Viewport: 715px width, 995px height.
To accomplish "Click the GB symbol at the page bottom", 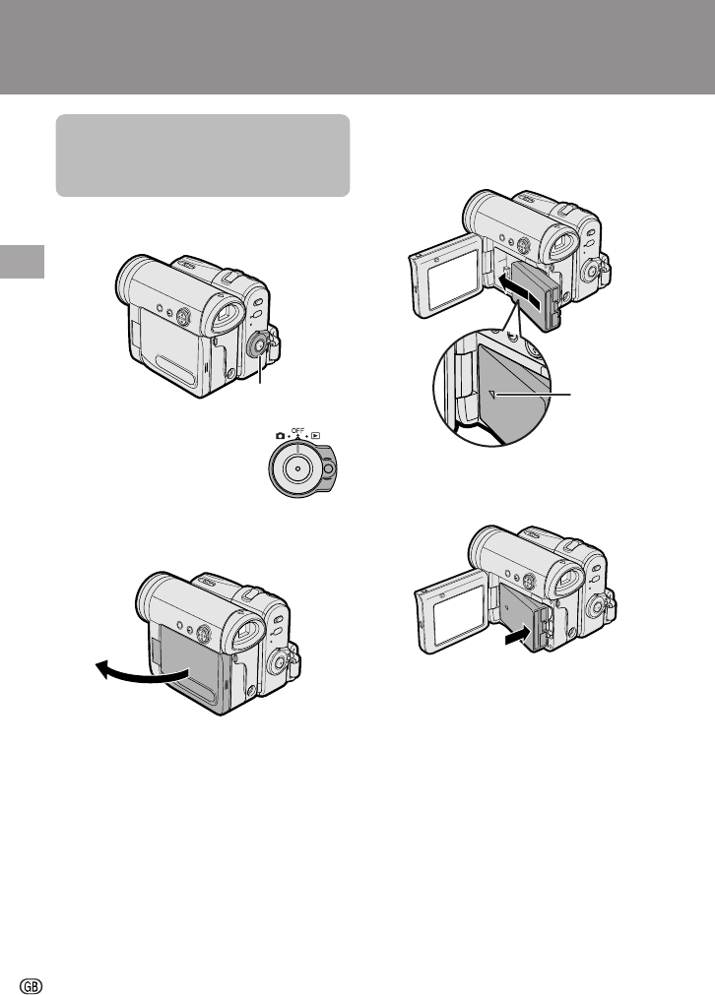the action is [32, 985].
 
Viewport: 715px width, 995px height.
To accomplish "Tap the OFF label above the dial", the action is [297, 431].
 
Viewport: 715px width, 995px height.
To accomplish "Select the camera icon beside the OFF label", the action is [280, 436].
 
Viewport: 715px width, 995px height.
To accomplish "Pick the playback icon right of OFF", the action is [315, 436].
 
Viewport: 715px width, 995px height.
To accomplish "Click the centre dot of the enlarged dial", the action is [297, 468].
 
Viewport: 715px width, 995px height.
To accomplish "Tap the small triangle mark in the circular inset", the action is [492, 396].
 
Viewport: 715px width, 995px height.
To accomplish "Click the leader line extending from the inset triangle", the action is [534, 395].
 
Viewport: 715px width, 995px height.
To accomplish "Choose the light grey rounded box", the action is [203, 155].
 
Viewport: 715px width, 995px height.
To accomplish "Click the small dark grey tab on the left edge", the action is [23, 262].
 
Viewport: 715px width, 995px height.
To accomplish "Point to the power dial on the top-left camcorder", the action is [258, 345].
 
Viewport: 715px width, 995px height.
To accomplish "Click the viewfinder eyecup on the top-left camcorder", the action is [227, 317].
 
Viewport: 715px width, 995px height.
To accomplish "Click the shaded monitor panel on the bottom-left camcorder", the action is [188, 662].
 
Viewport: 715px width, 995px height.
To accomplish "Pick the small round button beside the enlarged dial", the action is [328, 468].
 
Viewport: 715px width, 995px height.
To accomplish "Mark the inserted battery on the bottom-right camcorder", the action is [523, 614].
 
